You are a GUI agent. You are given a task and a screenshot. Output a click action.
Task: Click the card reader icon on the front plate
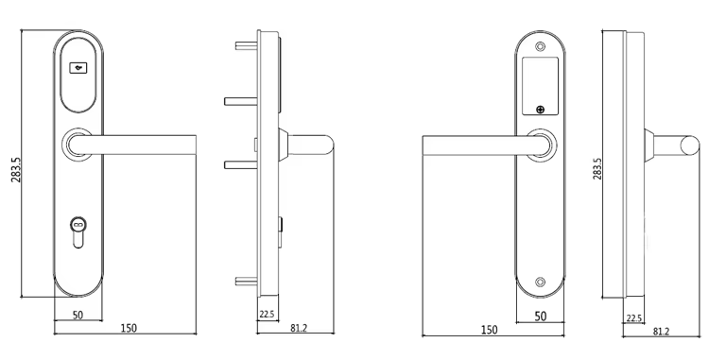[78, 68]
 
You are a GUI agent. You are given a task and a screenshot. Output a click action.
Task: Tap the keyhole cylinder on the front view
[78, 232]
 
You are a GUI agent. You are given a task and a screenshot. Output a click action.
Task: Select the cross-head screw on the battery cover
[540, 110]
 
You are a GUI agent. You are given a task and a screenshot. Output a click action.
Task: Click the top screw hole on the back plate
[540, 46]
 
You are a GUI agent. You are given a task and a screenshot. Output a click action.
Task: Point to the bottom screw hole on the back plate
[540, 282]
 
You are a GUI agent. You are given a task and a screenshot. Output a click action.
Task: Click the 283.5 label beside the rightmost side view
[597, 169]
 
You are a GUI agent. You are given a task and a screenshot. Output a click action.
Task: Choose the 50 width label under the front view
[78, 315]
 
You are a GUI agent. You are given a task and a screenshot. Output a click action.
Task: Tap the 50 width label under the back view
[541, 317]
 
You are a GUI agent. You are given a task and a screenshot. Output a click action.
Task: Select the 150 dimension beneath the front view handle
[129, 329]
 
